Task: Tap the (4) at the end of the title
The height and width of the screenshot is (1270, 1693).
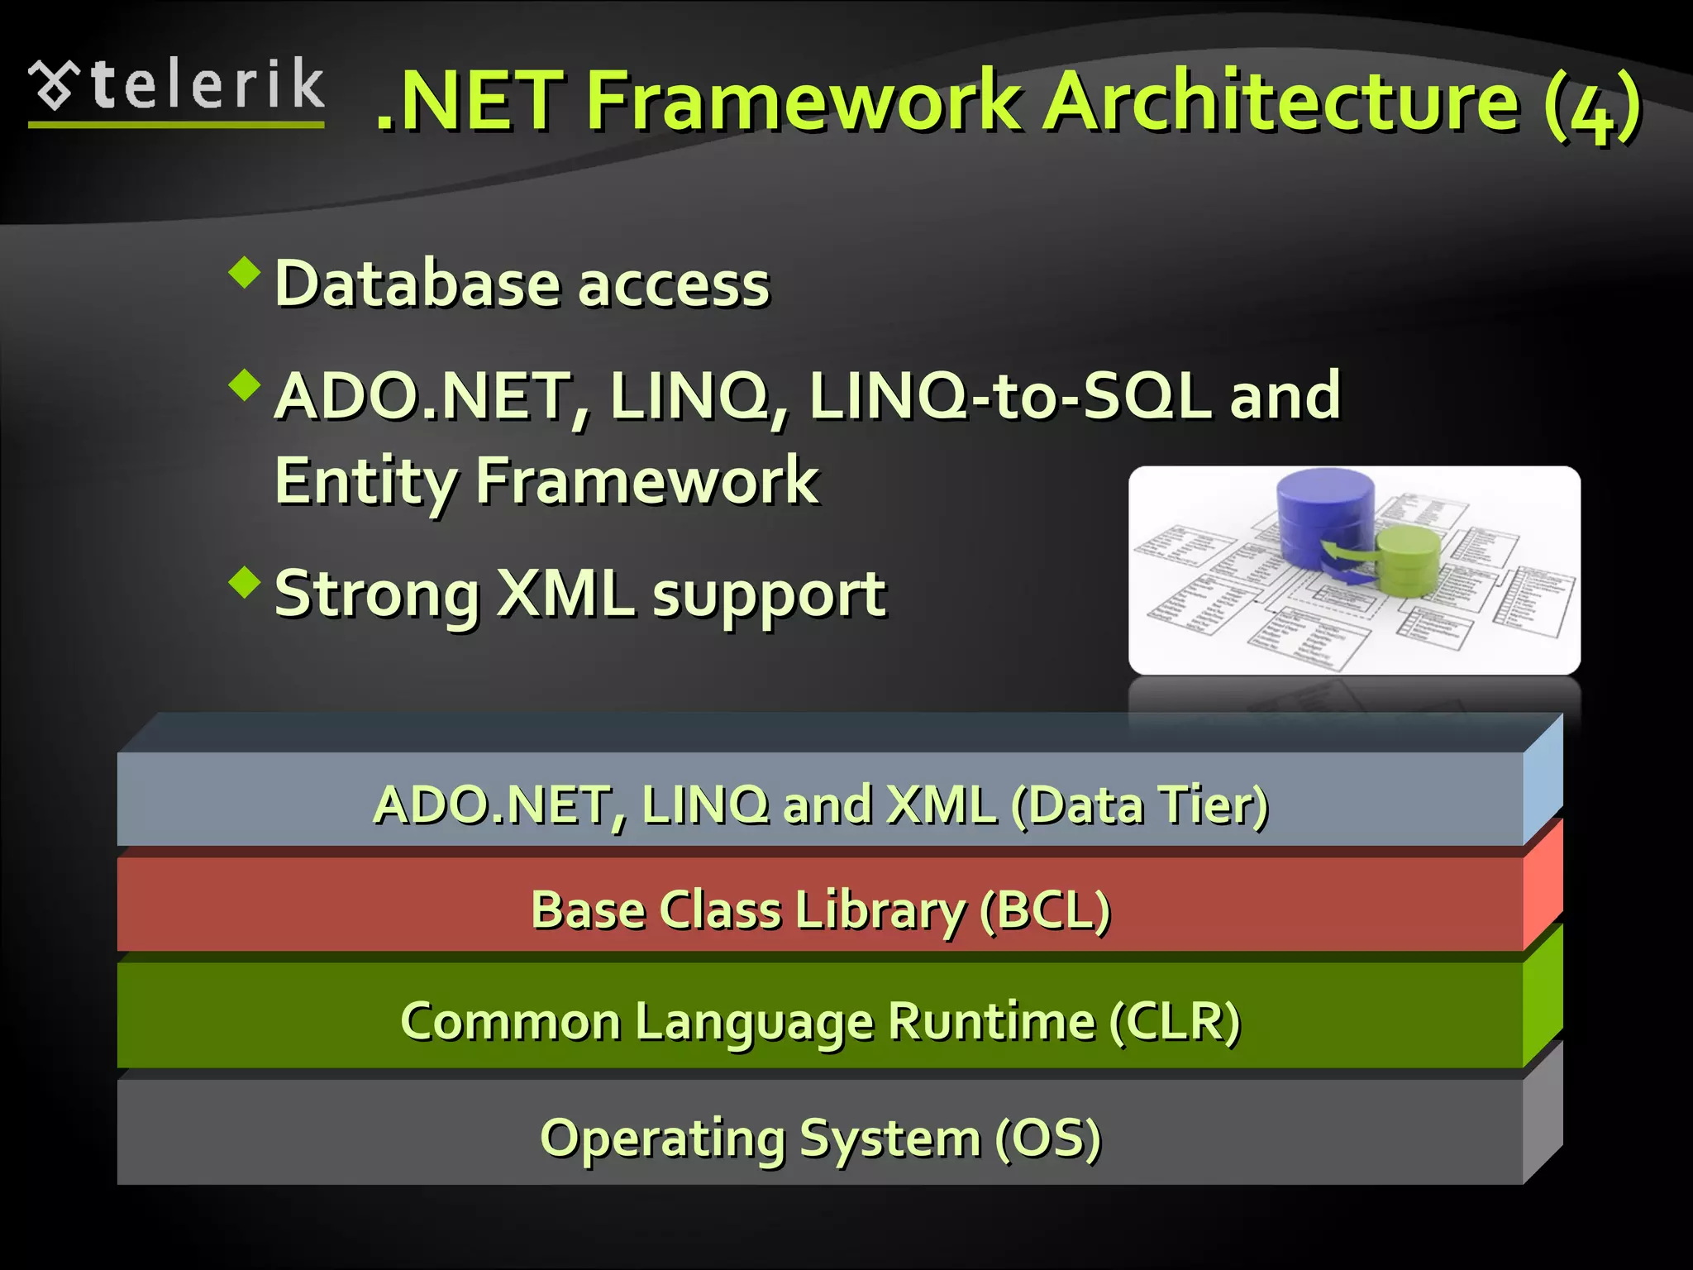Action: pos(1590,106)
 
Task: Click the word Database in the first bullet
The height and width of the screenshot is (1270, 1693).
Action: pos(418,284)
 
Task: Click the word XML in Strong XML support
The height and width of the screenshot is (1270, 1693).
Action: pos(565,594)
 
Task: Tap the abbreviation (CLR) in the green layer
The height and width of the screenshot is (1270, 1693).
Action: pos(1174,1021)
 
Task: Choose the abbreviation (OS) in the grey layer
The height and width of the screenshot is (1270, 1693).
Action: pos(1047,1138)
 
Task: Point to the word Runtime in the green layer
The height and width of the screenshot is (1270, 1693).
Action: pos(991,1021)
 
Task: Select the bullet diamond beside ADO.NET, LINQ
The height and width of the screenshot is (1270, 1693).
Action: pos(245,384)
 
